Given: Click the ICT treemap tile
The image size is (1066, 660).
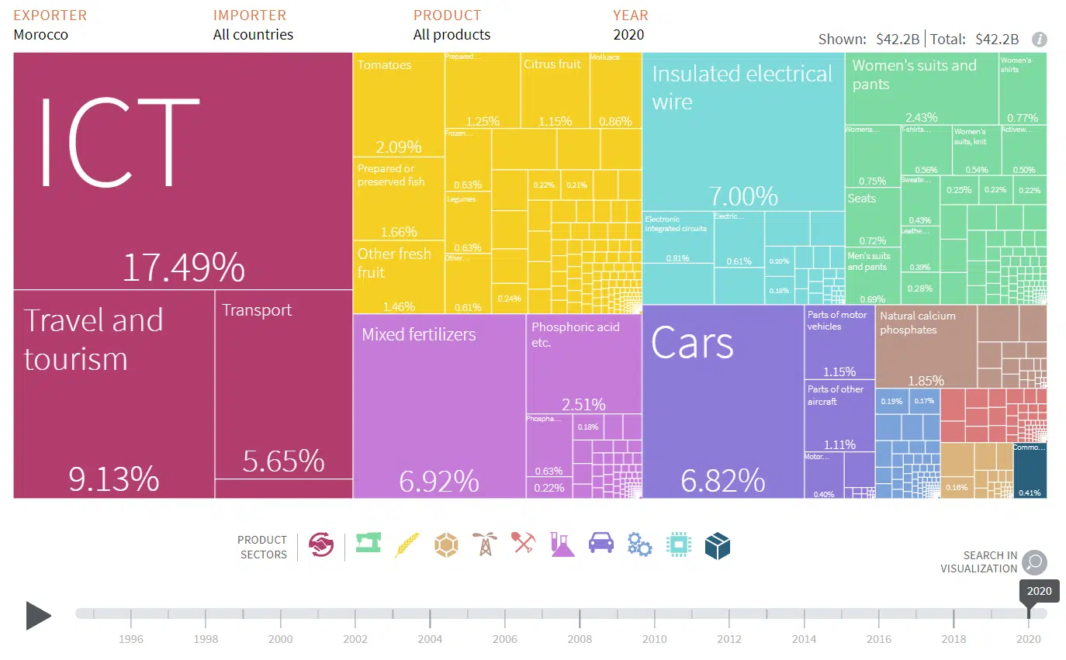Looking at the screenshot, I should pos(183,171).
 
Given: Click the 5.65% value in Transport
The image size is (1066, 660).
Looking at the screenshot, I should pos(283,461).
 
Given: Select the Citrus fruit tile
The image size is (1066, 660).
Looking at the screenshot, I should pos(555,90).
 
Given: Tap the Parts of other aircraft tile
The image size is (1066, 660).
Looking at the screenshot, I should pos(839,415).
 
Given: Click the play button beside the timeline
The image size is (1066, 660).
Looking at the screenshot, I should pos(38,616).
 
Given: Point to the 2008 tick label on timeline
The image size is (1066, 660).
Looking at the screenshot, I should pos(580,639).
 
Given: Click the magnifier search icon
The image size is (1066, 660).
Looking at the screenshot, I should pos(1034,562).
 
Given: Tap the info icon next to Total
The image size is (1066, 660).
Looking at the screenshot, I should pos(1040,40).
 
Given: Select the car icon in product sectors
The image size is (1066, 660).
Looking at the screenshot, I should pos(601,545).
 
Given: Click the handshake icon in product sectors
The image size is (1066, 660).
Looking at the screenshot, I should pos(321,545).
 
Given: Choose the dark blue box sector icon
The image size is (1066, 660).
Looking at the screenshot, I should pos(718,545).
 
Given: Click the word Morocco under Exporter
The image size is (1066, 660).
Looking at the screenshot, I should pos(40,35).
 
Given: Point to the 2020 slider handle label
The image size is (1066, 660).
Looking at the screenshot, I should pos(1039,591).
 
